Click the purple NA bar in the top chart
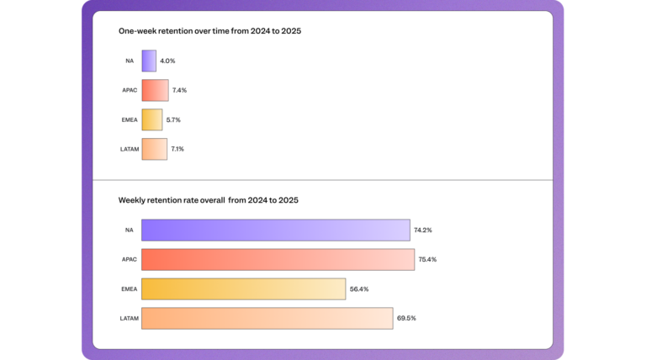(x=149, y=61)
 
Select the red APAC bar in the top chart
(x=156, y=90)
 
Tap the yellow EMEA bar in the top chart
(x=151, y=119)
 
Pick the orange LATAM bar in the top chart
(x=155, y=149)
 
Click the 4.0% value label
(x=167, y=61)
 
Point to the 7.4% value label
(x=179, y=90)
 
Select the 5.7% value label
(x=173, y=119)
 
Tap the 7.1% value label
(x=177, y=149)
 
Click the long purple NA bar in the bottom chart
(x=275, y=230)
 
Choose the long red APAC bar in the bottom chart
(x=278, y=259)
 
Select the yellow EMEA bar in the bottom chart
(x=243, y=289)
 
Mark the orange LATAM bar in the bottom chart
(x=267, y=318)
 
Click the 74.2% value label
(x=423, y=230)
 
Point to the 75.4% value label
(x=427, y=259)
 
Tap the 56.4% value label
(x=359, y=289)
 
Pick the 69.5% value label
(x=406, y=318)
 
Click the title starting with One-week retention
(x=209, y=31)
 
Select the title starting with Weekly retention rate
(x=208, y=200)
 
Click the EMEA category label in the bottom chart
(x=128, y=289)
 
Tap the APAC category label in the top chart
(x=128, y=90)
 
